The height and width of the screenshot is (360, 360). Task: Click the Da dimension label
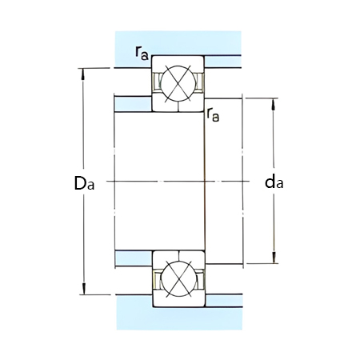tap(84, 183)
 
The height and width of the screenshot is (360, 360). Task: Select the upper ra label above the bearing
tap(141, 53)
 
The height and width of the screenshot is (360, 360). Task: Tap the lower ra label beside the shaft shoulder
tap(213, 114)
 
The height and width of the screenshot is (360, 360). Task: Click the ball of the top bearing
tap(178, 81)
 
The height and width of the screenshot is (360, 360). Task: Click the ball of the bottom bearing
tap(178, 281)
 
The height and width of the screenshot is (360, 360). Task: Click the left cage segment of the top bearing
tap(158, 82)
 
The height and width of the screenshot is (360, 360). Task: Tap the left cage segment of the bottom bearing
tap(158, 281)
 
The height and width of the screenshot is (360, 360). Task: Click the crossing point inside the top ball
tap(178, 81)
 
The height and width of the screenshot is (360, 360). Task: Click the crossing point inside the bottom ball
tap(178, 281)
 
